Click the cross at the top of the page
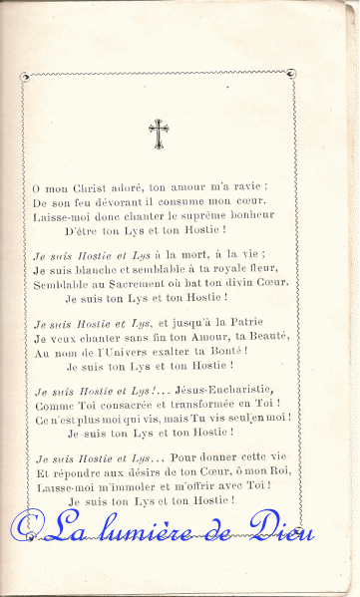[158, 133]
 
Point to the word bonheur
[254, 214]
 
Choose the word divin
[239, 283]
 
